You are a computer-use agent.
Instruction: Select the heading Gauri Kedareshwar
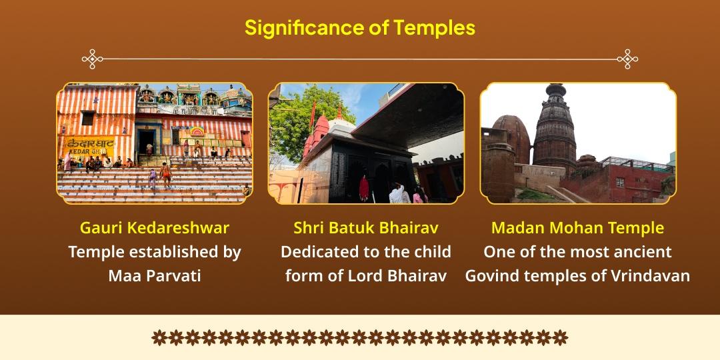pyautogui.click(x=154, y=227)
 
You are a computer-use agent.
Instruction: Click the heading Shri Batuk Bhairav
pyautogui.click(x=366, y=227)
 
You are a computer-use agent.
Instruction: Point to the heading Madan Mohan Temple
pyautogui.click(x=577, y=227)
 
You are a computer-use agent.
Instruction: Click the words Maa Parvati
pyautogui.click(x=154, y=275)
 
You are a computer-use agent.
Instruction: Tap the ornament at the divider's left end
pyautogui.click(x=92, y=59)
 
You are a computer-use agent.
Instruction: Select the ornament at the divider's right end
pyautogui.click(x=627, y=59)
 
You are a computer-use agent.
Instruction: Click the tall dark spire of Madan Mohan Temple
pyautogui.click(x=555, y=127)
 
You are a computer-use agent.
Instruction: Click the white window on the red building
pyautogui.click(x=619, y=182)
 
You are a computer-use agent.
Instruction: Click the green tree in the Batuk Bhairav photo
pyautogui.click(x=297, y=120)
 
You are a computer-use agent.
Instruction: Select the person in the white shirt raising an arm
pyautogui.click(x=399, y=193)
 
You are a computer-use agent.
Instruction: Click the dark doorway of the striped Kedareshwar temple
pyautogui.click(x=145, y=140)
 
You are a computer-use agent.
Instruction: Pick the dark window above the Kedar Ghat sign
pyautogui.click(x=87, y=118)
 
